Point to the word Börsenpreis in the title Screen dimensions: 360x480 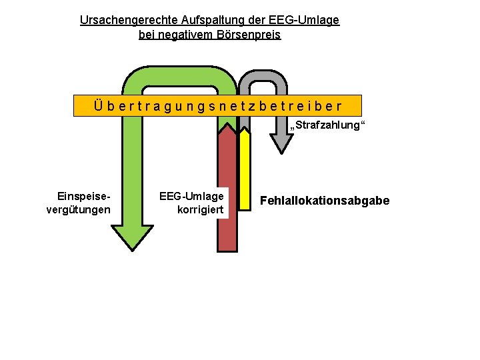249,34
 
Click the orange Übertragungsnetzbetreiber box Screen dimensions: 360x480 217,106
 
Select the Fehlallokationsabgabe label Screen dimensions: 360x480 325,201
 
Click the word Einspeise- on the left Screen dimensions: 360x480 84,197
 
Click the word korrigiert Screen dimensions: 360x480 201,210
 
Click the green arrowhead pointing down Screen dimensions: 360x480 139,237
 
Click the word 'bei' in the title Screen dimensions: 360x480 147,34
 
